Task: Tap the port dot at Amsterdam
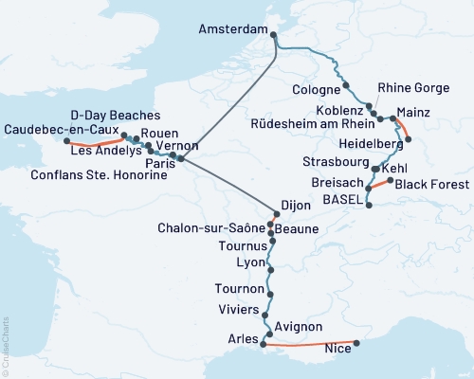click(274, 36)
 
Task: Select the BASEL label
click(339, 199)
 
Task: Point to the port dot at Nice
click(356, 344)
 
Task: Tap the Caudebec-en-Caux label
click(60, 129)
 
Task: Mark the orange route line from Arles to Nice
click(313, 346)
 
